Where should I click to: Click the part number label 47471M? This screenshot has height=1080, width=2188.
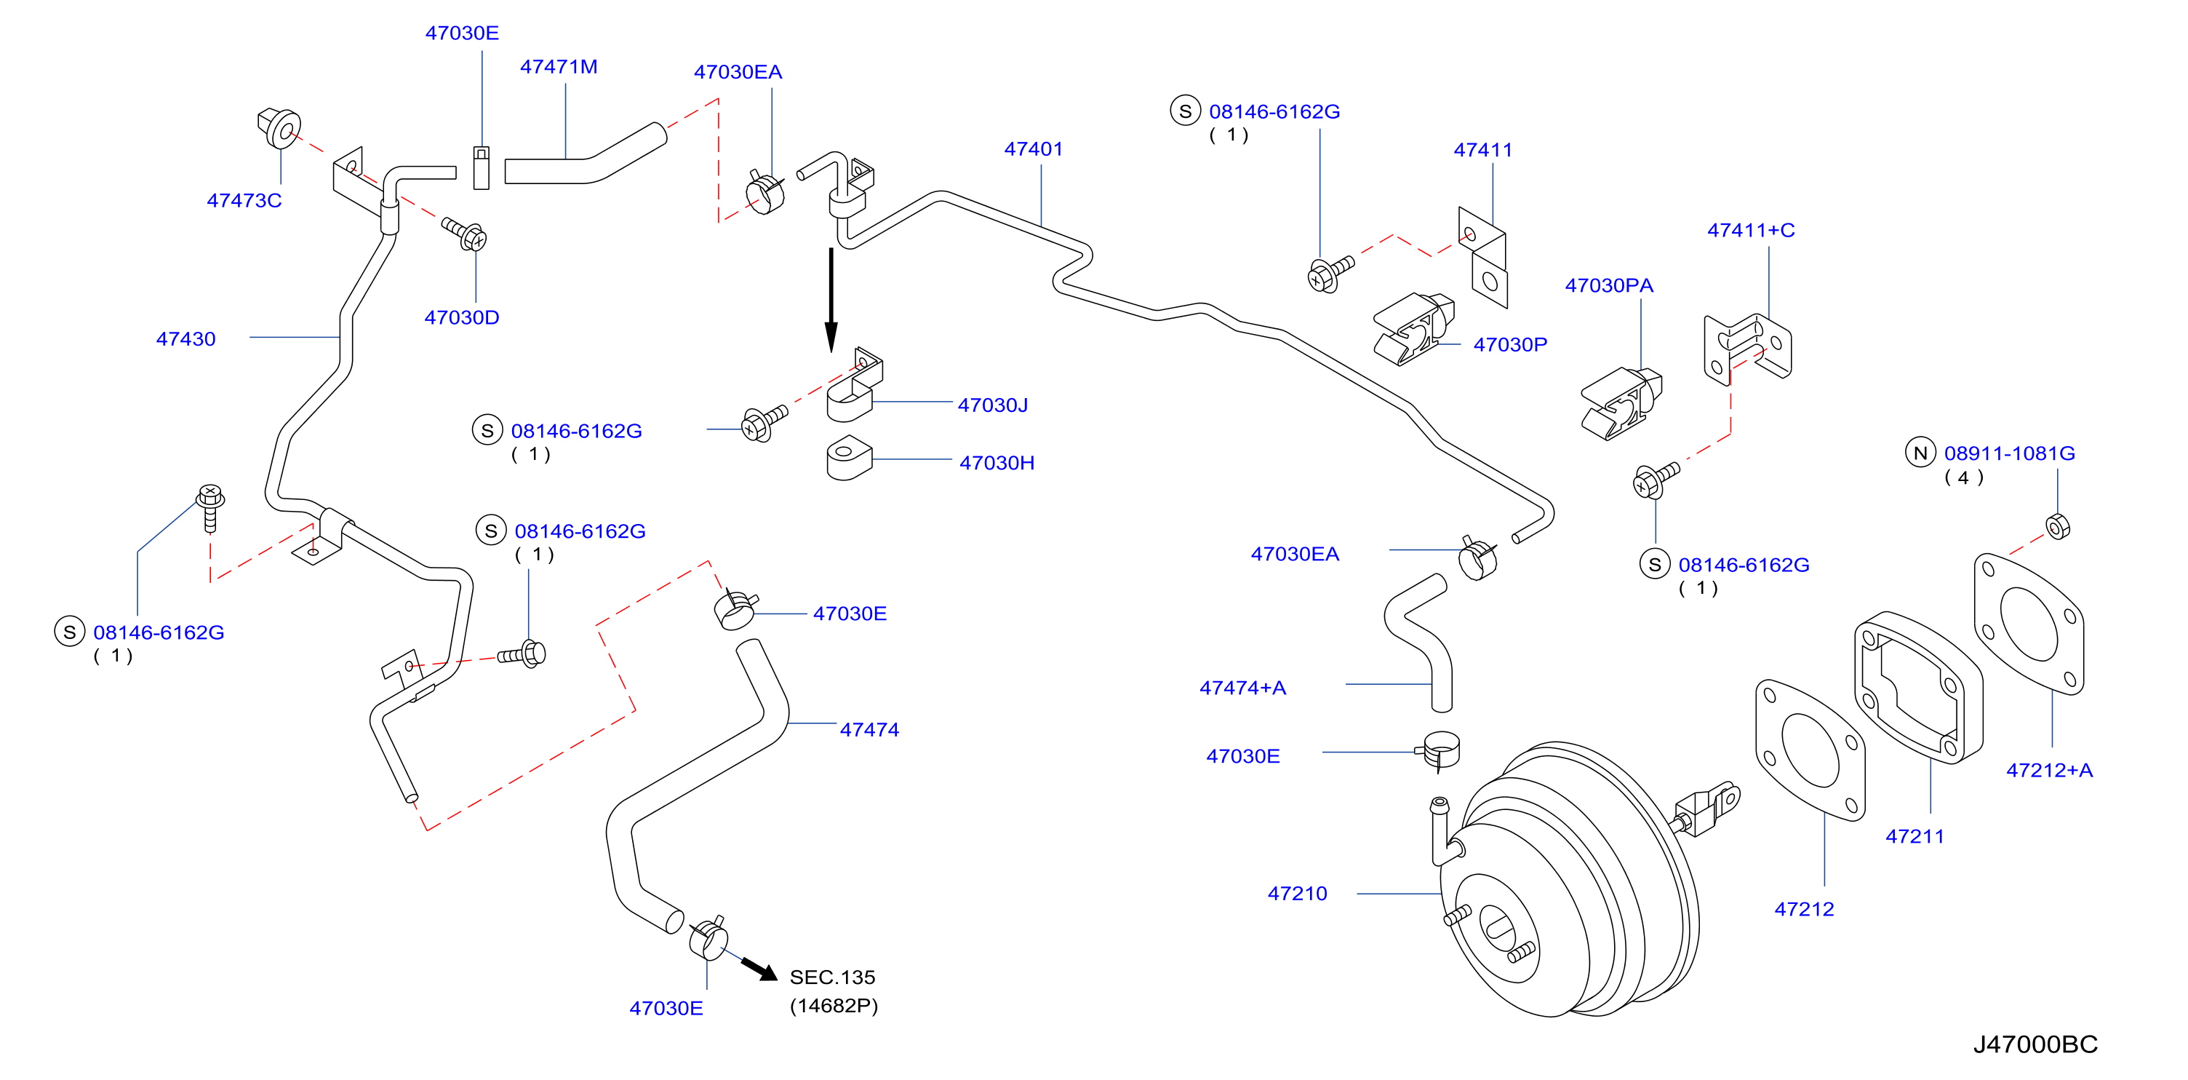pos(558,66)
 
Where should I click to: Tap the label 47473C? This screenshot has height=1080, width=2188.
pos(244,201)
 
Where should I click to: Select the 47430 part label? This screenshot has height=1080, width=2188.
pos(186,339)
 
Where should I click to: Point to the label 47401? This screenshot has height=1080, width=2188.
pos(1034,148)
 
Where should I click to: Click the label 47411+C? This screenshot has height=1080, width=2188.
pos(1751,230)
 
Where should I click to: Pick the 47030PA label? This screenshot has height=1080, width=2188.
pos(1609,285)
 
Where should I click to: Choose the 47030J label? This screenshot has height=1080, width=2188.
pos(993,405)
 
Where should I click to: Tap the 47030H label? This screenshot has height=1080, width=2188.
pos(997,463)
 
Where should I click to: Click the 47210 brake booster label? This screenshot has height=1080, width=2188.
pos(1297,894)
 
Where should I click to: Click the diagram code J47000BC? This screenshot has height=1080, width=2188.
pos(2035,1044)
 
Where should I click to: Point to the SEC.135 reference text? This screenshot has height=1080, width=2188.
pos(832,977)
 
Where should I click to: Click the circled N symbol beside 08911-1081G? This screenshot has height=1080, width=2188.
pos(1920,453)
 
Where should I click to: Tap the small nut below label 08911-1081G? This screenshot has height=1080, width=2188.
pos(2057,527)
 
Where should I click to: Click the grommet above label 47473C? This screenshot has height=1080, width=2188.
pos(279,128)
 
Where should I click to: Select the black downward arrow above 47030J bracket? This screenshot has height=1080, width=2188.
pos(831,300)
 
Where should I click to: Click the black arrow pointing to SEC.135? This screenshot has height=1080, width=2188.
pos(759,969)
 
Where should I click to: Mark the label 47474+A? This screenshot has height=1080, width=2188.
pos(1242,688)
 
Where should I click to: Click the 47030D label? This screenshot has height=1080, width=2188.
pos(461,318)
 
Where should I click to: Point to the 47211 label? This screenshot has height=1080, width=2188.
pos(1914,836)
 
